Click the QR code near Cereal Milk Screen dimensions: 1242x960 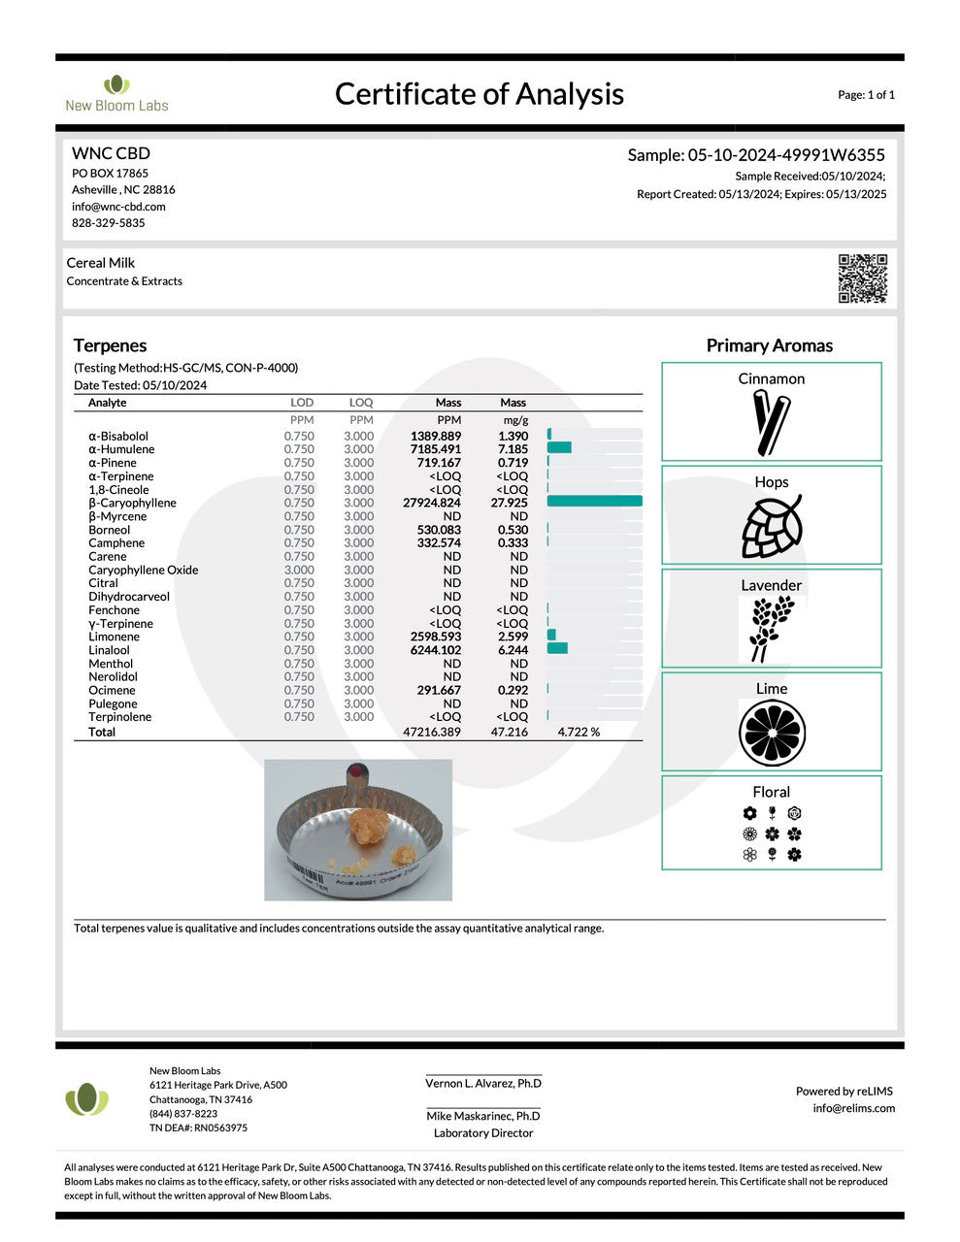pyautogui.click(x=862, y=278)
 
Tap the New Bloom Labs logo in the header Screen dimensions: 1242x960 pyautogui.click(x=116, y=93)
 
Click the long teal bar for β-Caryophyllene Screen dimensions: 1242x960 pyautogui.click(x=594, y=502)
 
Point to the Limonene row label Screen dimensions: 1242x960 pyautogui.click(x=114, y=637)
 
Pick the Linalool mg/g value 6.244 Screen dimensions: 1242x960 pyautogui.click(x=513, y=650)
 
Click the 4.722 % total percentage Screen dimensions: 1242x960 pyautogui.click(x=579, y=732)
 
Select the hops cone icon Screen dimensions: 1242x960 pyautogui.click(x=772, y=527)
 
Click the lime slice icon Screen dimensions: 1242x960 pyautogui.click(x=772, y=733)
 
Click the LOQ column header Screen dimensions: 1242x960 pyautogui.click(x=361, y=403)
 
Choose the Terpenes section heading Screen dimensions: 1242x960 pyautogui.click(x=110, y=345)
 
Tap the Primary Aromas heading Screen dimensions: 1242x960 pyautogui.click(x=769, y=345)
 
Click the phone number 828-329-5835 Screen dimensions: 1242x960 pyautogui.click(x=108, y=223)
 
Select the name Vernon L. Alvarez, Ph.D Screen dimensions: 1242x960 pyautogui.click(x=483, y=1083)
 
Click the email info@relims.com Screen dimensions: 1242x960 pyautogui.click(x=853, y=1108)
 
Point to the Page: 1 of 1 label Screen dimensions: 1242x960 pyautogui.click(x=866, y=95)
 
